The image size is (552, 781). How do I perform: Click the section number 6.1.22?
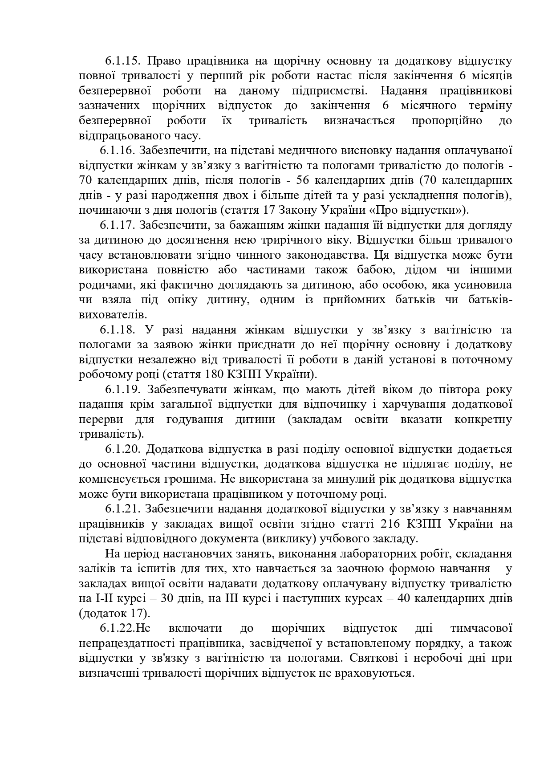point(118,628)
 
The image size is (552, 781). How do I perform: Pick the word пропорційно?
point(443,121)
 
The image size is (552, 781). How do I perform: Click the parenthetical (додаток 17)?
point(114,613)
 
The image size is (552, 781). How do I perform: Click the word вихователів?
point(113,315)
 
